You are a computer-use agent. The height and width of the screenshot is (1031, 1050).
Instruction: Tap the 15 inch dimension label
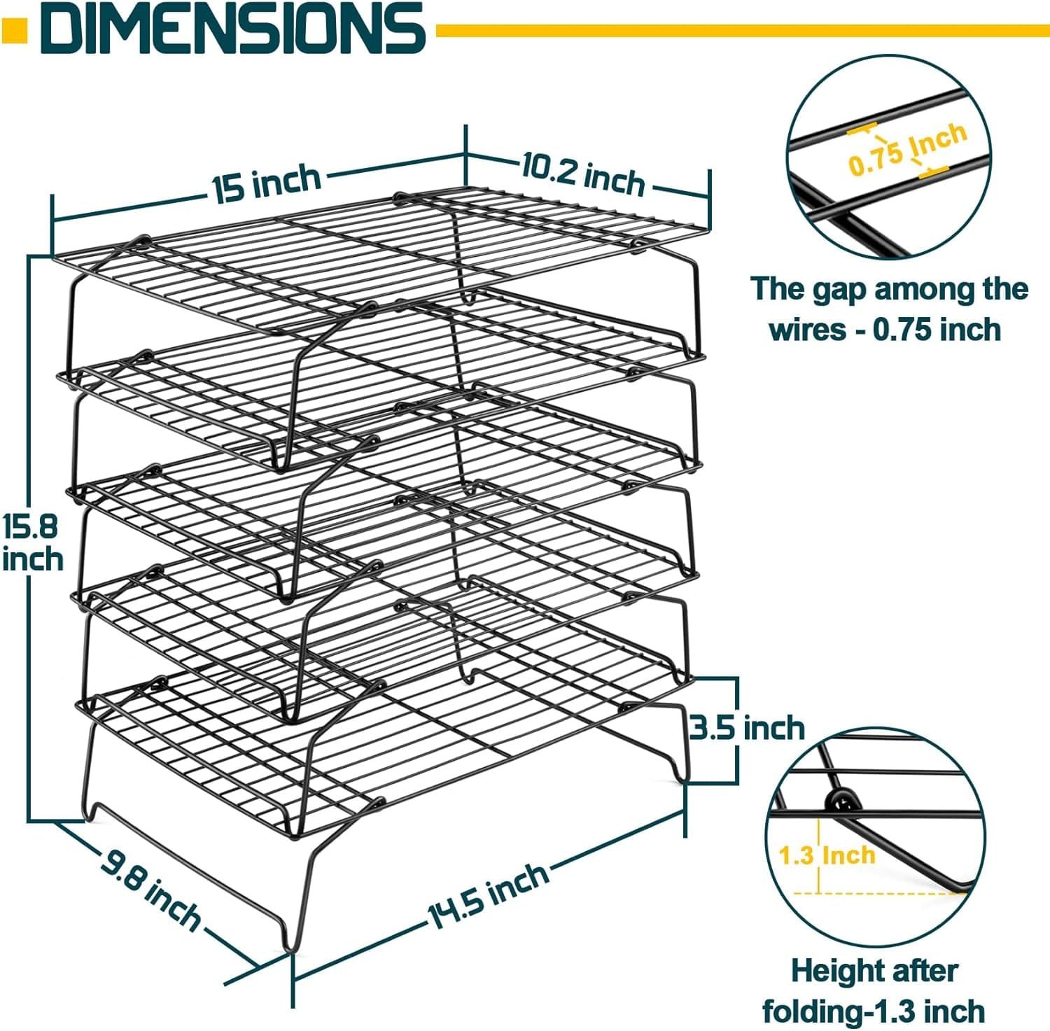267,184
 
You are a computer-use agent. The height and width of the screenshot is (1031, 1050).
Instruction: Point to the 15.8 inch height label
31,542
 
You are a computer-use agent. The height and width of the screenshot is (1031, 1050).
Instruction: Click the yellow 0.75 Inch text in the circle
907,148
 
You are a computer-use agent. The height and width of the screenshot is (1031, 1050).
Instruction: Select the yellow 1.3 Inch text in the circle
827,855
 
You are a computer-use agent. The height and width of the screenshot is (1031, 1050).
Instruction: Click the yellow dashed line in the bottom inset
875,894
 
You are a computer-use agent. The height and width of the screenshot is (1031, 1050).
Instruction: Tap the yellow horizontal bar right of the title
742,30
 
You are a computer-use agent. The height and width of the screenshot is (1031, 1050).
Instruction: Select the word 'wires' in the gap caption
806,329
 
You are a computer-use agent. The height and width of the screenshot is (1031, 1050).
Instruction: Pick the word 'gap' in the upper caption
839,289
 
